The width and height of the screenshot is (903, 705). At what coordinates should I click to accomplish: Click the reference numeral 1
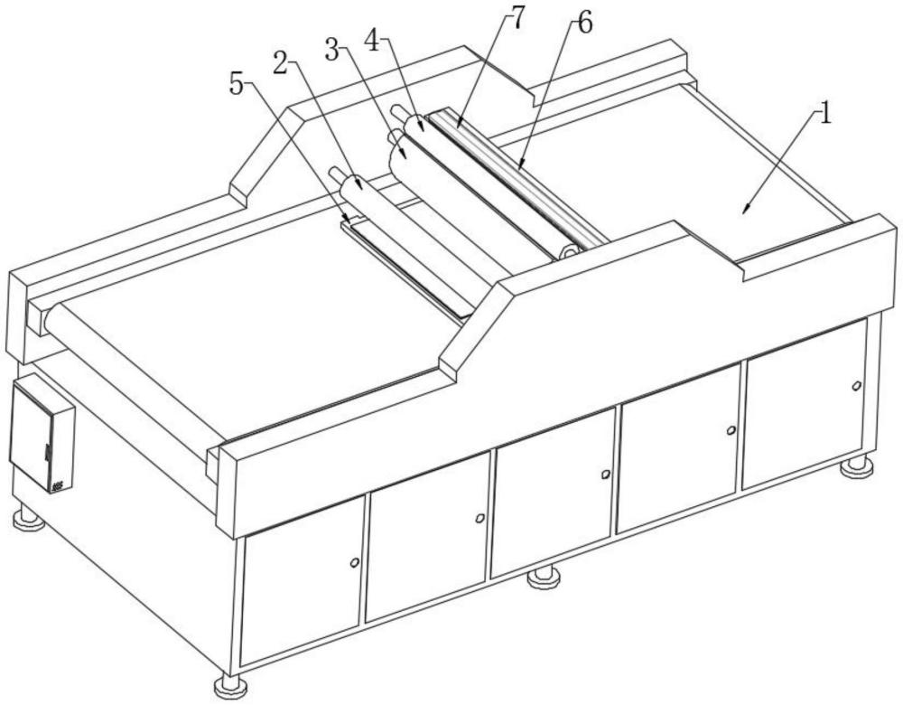coord(825,114)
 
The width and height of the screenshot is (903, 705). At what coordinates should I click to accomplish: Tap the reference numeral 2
coord(280,61)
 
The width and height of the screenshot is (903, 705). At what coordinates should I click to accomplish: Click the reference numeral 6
coord(584,24)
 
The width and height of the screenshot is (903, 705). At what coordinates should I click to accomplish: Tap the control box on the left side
coord(42,433)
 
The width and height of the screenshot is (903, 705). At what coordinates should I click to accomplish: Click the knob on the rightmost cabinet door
coord(856,385)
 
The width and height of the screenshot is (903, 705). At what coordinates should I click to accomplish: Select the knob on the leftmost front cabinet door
coord(355,562)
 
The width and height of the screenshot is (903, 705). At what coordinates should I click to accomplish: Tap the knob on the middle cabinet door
coord(605,474)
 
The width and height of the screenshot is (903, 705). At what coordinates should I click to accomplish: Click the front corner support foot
coord(228,684)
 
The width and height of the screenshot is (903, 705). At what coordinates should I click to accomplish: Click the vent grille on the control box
coord(58,486)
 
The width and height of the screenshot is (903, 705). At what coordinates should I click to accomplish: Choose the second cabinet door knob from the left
coord(479,518)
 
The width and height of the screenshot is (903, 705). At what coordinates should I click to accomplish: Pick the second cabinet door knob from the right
coord(731,430)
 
